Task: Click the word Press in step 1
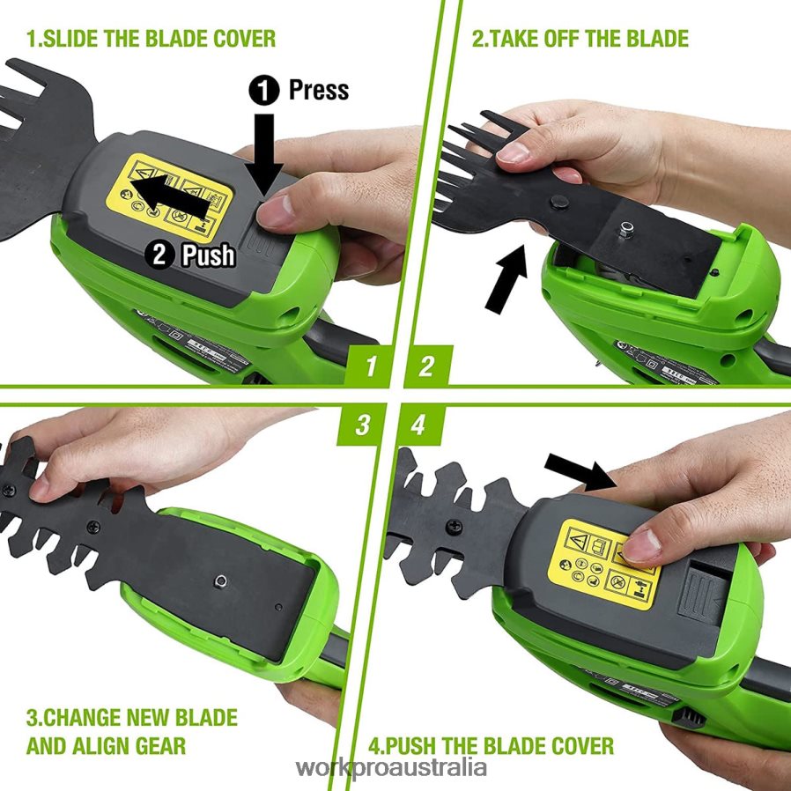coord(318,90)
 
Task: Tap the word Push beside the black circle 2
coord(207,255)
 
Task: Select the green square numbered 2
coord(427,364)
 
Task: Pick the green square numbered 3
coord(363,425)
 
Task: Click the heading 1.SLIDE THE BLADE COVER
coord(151,39)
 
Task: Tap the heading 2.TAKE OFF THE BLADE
coord(580,39)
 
